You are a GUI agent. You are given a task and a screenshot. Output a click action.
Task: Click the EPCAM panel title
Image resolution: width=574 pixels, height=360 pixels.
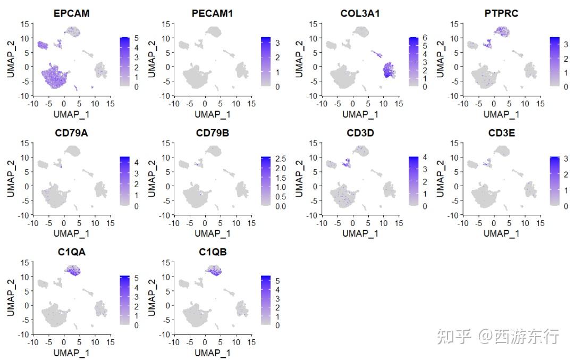[x=71, y=13]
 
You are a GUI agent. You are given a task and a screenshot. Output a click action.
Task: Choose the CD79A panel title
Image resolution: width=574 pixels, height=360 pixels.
[x=71, y=133]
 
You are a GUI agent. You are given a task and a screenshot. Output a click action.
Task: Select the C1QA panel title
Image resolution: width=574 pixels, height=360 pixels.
[x=71, y=252]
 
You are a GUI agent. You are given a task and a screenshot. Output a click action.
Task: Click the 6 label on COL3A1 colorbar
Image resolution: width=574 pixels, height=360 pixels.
[x=424, y=38]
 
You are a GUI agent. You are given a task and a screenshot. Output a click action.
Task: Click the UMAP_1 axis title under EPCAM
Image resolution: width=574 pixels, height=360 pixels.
[x=71, y=114]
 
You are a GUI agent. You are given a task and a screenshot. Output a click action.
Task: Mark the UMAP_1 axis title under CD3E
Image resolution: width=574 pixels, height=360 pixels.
[x=500, y=233]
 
